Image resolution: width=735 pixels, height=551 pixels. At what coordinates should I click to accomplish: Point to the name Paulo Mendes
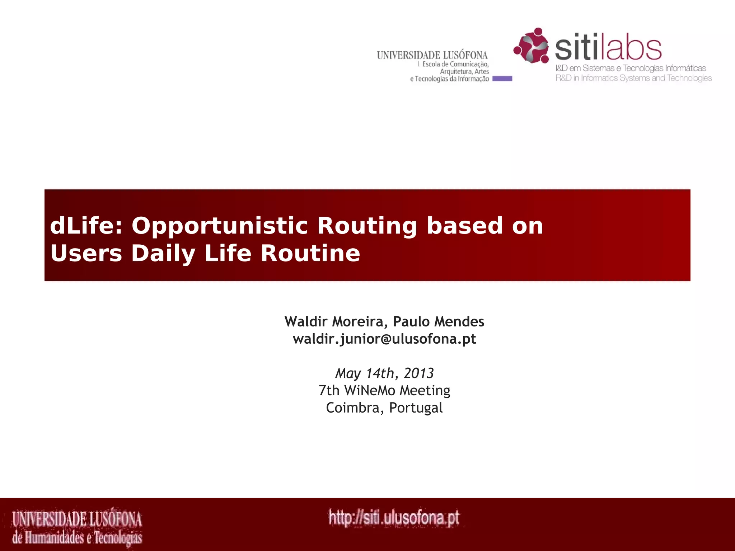439,321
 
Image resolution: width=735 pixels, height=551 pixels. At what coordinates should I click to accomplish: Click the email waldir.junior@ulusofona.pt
384,339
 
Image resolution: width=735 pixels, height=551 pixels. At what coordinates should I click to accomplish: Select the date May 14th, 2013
384,373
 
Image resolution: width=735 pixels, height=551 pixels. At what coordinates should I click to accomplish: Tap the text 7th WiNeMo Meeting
384,391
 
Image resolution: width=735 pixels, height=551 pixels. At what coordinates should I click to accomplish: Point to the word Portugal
416,408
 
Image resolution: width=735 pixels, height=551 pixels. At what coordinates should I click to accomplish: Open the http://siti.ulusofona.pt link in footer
394,518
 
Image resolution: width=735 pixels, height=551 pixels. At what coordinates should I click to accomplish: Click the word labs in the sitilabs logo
634,49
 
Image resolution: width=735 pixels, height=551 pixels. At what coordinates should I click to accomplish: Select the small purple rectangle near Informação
502,79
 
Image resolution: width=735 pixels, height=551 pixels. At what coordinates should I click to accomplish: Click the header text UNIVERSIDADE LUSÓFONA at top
432,55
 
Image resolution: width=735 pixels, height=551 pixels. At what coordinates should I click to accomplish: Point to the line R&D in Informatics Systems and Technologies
633,78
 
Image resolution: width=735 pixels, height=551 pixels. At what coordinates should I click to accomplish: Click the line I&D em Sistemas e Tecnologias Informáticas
631,68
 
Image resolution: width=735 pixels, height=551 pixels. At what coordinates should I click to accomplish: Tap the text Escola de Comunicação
455,64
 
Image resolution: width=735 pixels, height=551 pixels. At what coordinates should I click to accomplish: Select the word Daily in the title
163,253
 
